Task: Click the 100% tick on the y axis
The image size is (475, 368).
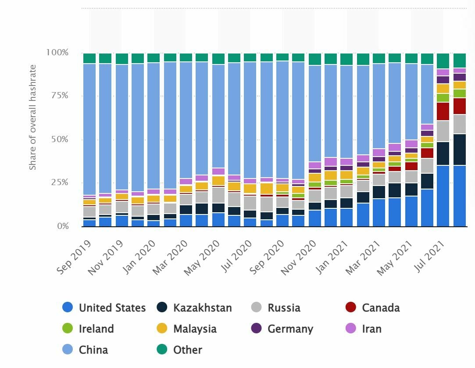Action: (57, 53)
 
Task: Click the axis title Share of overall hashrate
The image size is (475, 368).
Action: (33, 118)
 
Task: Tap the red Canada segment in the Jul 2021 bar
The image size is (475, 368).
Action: (443, 111)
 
